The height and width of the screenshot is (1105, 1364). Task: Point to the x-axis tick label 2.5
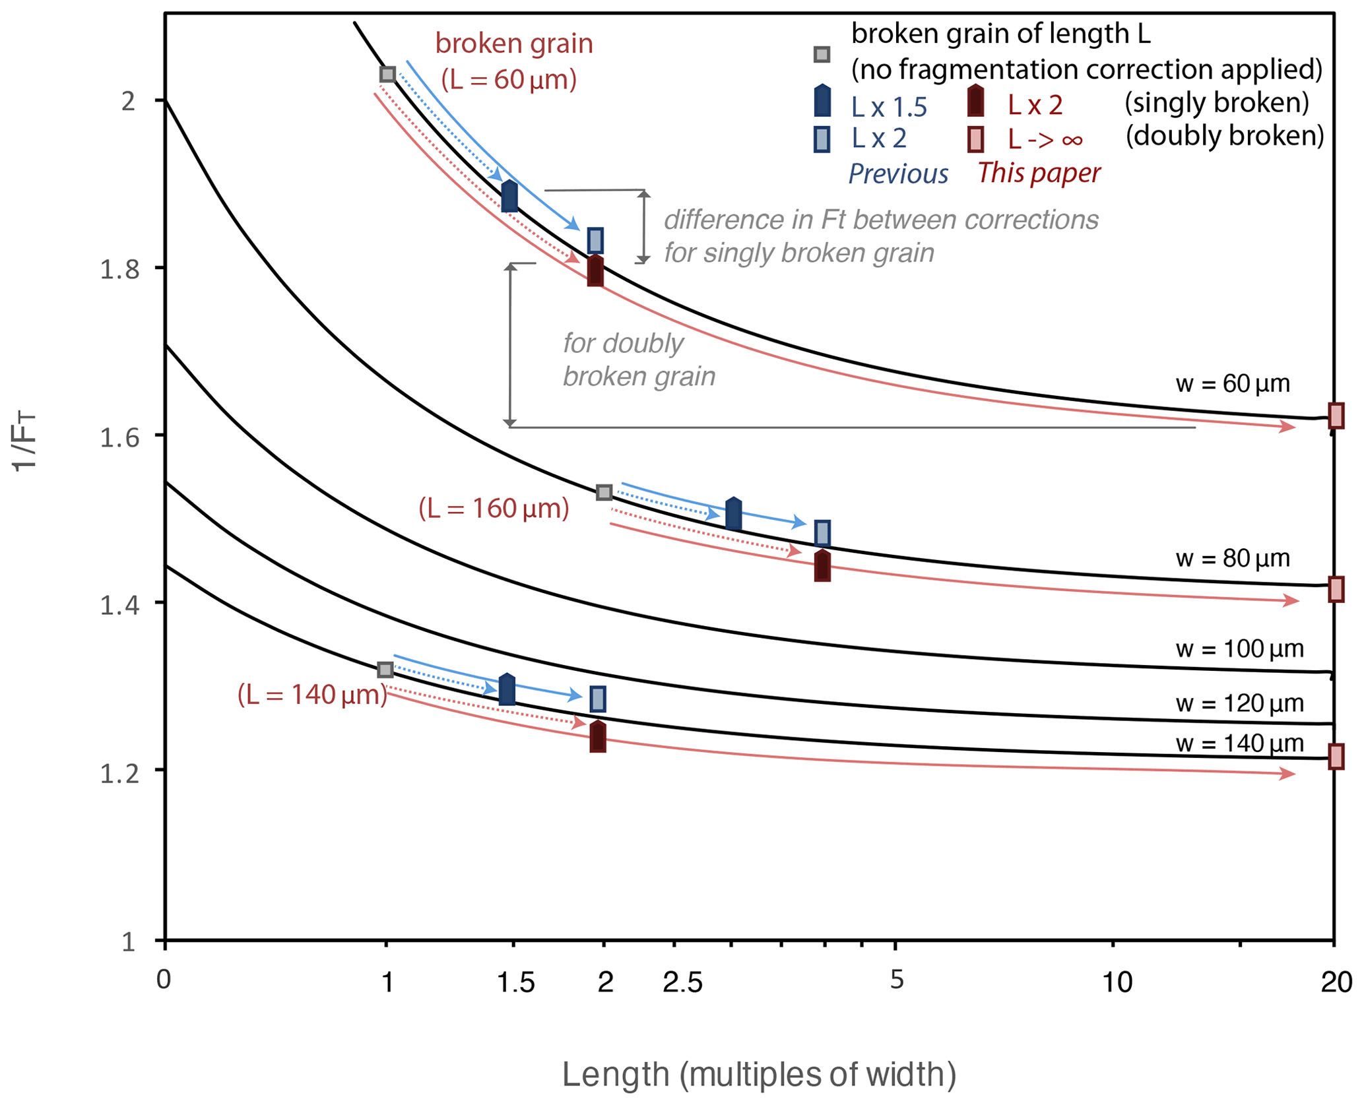682,983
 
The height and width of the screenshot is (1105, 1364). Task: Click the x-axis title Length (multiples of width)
759,1075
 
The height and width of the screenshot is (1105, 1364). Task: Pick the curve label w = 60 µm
1232,384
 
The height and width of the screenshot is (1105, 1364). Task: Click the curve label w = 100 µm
1239,649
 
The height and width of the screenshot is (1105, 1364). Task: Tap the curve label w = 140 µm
1239,744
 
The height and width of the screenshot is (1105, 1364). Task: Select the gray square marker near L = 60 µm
388,74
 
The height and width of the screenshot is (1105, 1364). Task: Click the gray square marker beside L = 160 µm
604,492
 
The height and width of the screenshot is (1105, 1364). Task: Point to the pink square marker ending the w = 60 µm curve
1336,416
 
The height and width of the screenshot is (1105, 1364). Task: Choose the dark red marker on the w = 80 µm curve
822,565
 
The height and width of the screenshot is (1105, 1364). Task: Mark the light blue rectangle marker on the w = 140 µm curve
597,699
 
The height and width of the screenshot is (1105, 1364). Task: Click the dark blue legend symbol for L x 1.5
822,102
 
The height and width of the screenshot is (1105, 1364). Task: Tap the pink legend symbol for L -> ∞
975,139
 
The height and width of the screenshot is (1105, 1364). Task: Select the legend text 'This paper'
1039,173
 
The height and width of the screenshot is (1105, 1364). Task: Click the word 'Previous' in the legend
898,174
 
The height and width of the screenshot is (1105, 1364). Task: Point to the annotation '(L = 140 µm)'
312,695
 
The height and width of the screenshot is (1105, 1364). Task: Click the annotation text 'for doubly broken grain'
639,360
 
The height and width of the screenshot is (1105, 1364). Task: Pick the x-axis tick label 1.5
515,983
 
